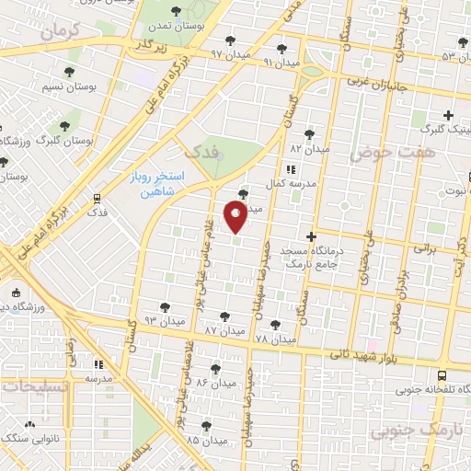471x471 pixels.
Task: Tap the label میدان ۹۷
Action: (x=230, y=54)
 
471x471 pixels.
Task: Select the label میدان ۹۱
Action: (x=281, y=63)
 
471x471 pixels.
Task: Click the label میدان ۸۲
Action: (x=309, y=147)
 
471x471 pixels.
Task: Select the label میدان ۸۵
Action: (x=205, y=440)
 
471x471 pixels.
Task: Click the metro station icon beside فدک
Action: (x=97, y=198)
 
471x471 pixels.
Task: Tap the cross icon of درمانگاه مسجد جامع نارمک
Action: (x=311, y=236)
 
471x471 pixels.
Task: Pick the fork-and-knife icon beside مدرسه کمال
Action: (x=291, y=169)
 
